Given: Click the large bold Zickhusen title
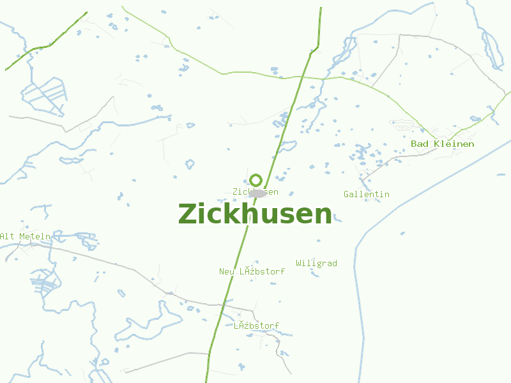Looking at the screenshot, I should [x=255, y=214].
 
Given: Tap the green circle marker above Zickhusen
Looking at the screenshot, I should [x=256, y=180].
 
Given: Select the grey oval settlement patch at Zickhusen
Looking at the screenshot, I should [x=258, y=193].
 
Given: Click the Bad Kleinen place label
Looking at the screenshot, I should [x=442, y=144].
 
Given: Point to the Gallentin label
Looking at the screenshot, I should [x=366, y=194].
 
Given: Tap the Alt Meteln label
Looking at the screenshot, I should [x=25, y=236].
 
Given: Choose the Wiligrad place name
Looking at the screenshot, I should [x=316, y=263].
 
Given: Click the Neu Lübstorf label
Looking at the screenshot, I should [x=252, y=271].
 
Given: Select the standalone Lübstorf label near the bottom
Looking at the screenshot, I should [x=256, y=326].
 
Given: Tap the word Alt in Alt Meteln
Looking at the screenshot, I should [x=7, y=236].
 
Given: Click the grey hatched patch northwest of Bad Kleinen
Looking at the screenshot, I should [x=401, y=125].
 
